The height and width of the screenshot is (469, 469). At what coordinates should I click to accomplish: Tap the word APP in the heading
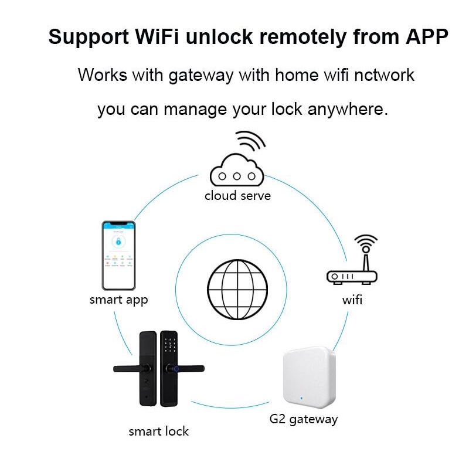point(427,36)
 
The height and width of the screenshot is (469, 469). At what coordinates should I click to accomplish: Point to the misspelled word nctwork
point(385,75)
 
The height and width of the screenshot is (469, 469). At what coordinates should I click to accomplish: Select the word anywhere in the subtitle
point(347,109)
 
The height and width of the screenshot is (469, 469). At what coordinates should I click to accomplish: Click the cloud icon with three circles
point(237,171)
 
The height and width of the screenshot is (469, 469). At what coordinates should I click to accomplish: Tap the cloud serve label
point(238,196)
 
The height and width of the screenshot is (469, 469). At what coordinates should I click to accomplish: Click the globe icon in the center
point(237,290)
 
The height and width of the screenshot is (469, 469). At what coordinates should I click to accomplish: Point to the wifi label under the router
point(352,300)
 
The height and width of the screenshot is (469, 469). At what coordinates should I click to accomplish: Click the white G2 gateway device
point(310,378)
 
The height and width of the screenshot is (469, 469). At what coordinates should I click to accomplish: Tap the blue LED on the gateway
point(301,398)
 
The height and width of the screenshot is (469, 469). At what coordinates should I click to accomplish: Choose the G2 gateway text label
point(304,419)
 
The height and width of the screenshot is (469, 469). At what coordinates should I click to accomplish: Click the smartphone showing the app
point(119,256)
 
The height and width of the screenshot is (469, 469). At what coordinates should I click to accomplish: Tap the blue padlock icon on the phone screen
point(118,241)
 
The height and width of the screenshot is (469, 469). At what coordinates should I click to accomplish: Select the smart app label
point(119,300)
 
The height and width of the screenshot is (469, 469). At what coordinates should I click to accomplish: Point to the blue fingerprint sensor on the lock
point(176,369)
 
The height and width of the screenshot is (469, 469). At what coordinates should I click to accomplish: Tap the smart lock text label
point(158,431)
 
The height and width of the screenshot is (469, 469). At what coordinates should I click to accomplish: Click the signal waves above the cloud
point(251,141)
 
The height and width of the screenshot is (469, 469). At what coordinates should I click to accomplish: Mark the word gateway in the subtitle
point(201,76)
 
